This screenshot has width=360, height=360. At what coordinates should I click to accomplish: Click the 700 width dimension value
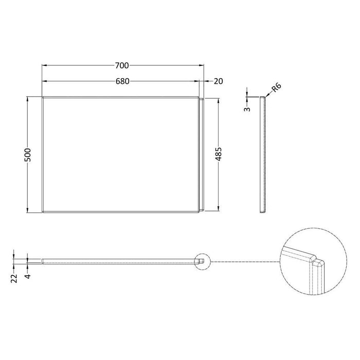[122, 66]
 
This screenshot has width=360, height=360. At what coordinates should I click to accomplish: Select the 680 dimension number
[122, 81]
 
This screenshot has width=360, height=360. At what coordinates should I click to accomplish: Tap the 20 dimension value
[219, 81]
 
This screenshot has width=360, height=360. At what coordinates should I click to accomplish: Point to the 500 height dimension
[28, 155]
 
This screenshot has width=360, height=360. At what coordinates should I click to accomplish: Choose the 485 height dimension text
[219, 154]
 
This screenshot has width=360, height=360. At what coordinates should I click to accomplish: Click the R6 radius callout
[276, 87]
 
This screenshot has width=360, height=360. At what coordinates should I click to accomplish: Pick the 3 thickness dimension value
[247, 109]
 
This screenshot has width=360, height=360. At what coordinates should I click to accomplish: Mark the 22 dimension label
[14, 278]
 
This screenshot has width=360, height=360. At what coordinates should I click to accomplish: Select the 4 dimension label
[28, 276]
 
